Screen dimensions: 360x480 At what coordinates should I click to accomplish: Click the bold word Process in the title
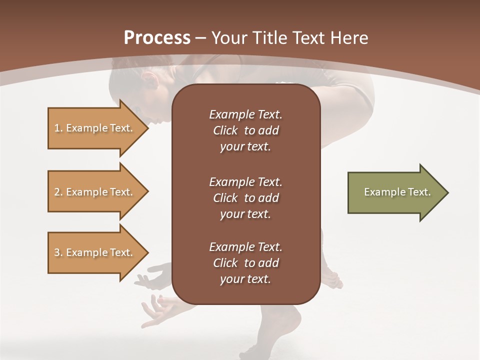[157, 38]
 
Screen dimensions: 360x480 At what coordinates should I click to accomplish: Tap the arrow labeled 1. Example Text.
[95, 128]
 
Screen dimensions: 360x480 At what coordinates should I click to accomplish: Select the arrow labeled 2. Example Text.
[95, 192]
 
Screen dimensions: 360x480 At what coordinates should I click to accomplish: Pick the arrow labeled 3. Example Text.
[95, 252]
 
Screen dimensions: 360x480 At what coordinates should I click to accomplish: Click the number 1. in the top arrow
[58, 128]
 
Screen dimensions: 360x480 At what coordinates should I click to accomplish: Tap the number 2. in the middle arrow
[58, 192]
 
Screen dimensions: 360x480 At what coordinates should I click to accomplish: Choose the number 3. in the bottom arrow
[58, 252]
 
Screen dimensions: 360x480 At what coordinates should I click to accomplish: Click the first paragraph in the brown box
[245, 130]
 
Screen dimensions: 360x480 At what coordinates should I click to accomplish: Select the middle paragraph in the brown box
[245, 198]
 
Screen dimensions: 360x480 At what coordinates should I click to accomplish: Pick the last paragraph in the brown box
[245, 263]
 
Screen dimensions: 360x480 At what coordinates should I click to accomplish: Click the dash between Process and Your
[200, 38]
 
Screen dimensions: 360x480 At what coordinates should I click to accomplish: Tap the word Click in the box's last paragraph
[225, 263]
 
